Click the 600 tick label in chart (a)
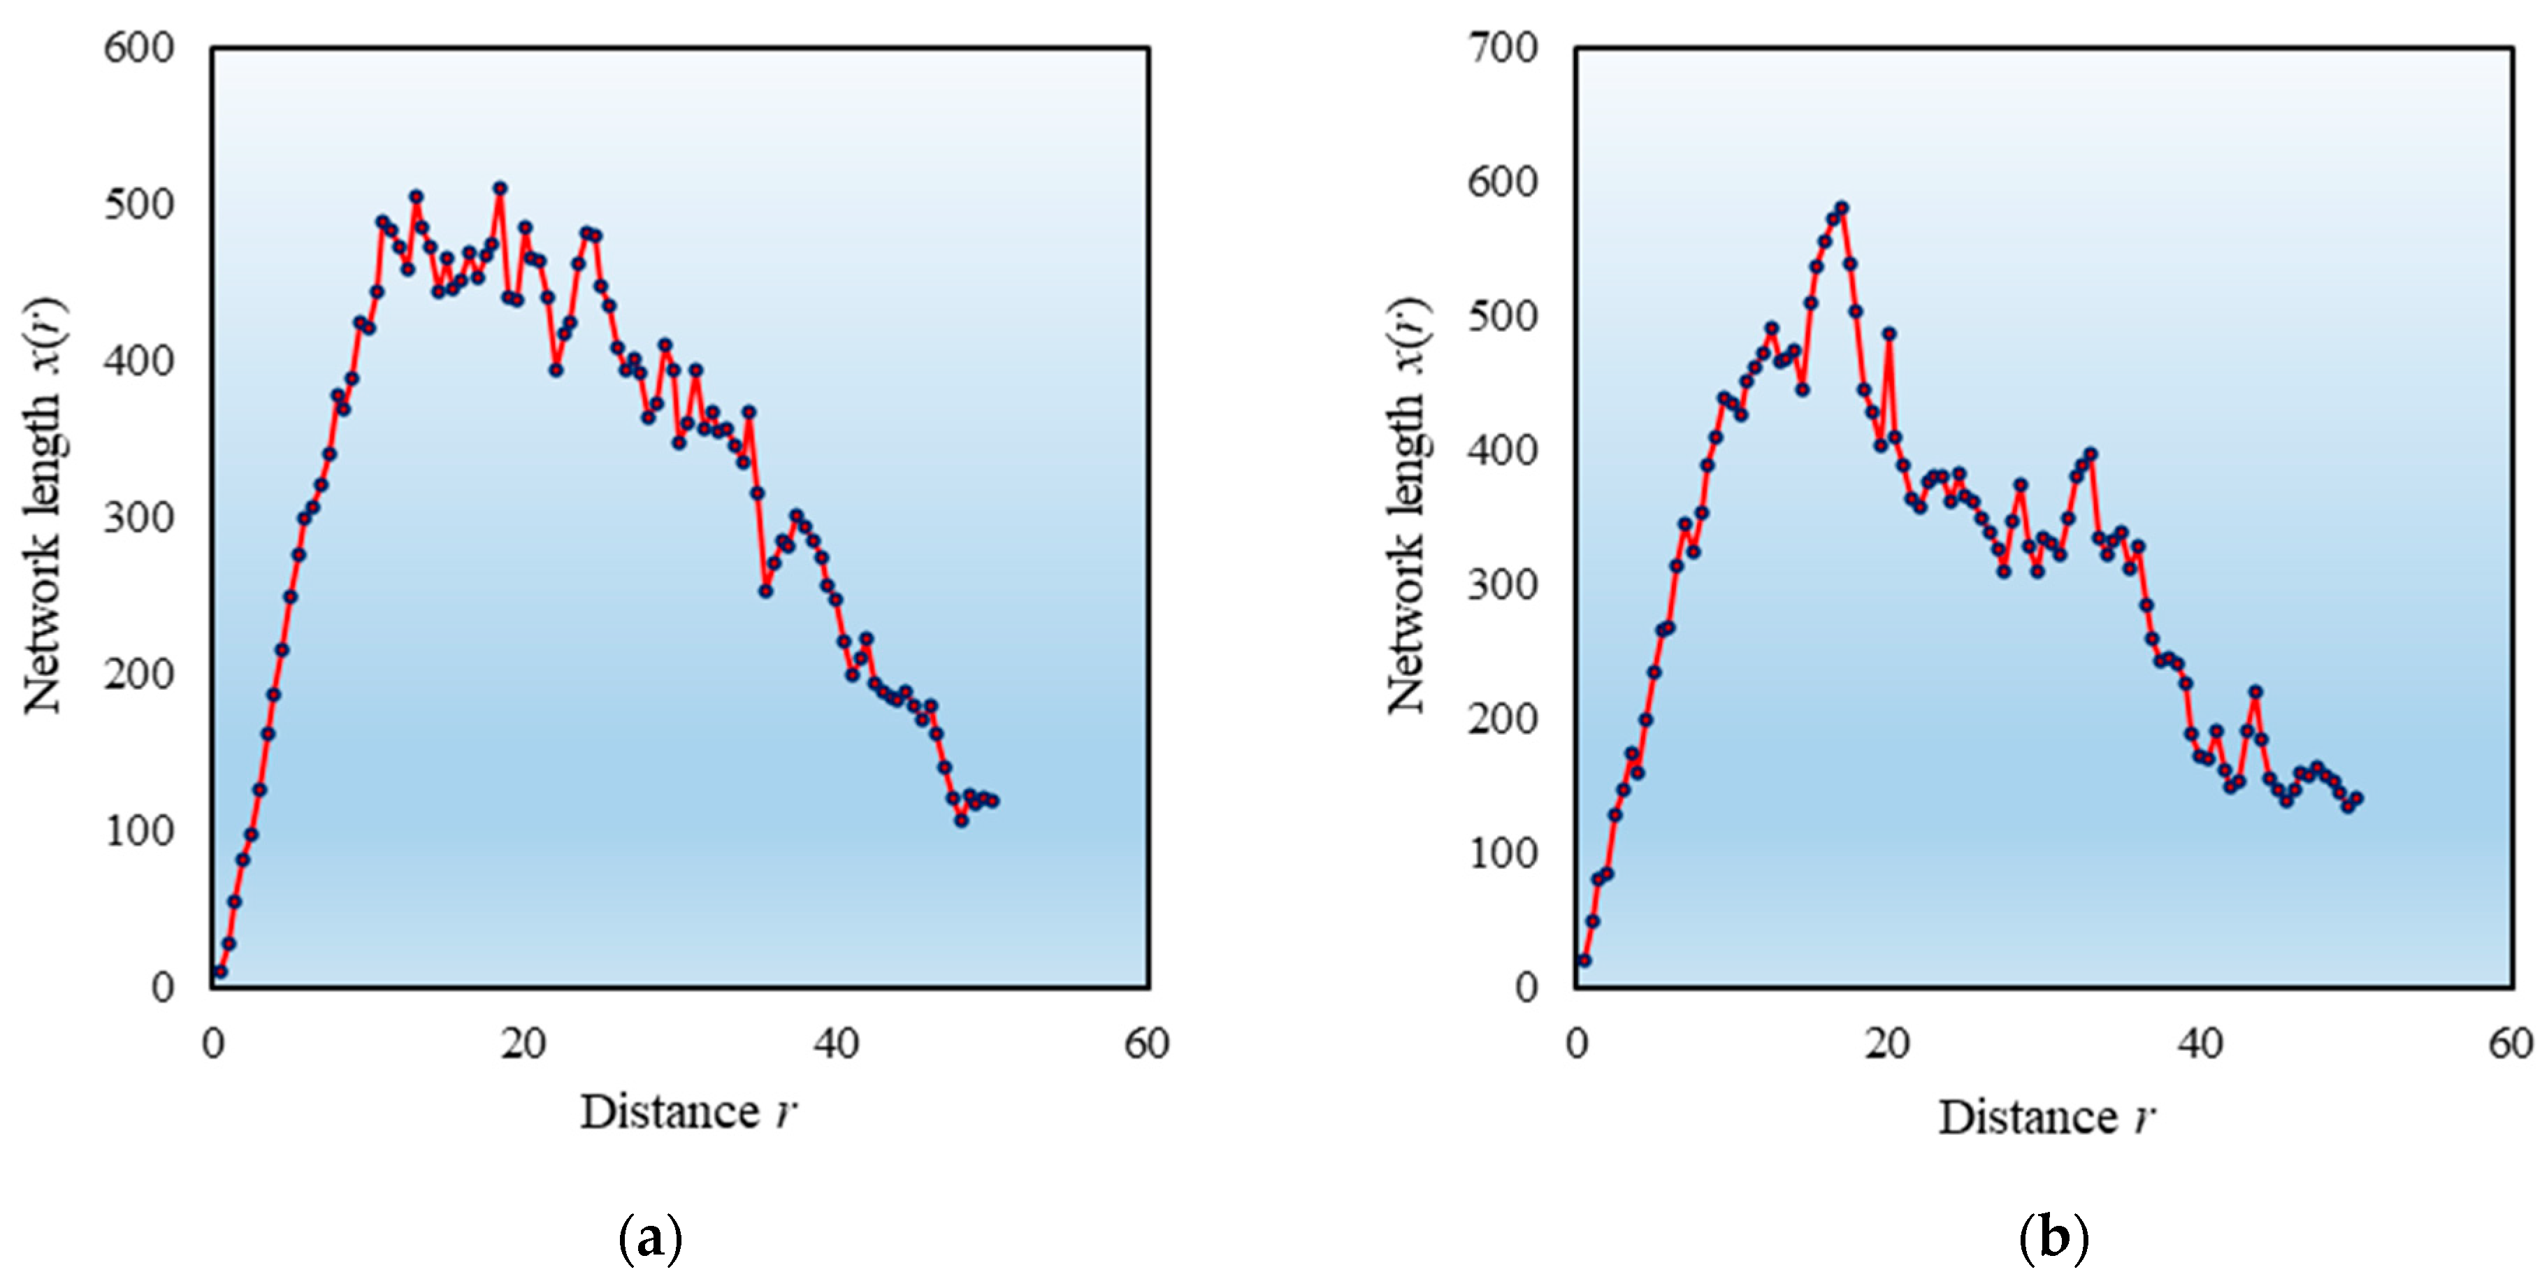pyautogui.click(x=138, y=48)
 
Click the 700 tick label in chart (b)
pyautogui.click(x=1503, y=48)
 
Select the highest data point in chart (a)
pyautogui.click(x=500, y=187)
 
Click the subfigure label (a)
pyautogui.click(x=649, y=1238)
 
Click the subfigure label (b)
pyautogui.click(x=2053, y=1238)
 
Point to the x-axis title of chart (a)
pyautogui.click(x=688, y=1112)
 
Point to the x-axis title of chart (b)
pyautogui.click(x=2046, y=1117)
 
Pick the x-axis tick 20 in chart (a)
pyautogui.click(x=523, y=1043)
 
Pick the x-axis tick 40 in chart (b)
pyautogui.click(x=2200, y=1043)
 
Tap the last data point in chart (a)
pyautogui.click(x=992, y=800)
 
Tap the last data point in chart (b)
pyautogui.click(x=2357, y=798)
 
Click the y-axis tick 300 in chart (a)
pyautogui.click(x=138, y=518)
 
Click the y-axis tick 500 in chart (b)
pyautogui.click(x=1503, y=317)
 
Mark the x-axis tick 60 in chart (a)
pyautogui.click(x=1147, y=1043)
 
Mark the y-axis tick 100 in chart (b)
pyautogui.click(x=1503, y=853)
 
